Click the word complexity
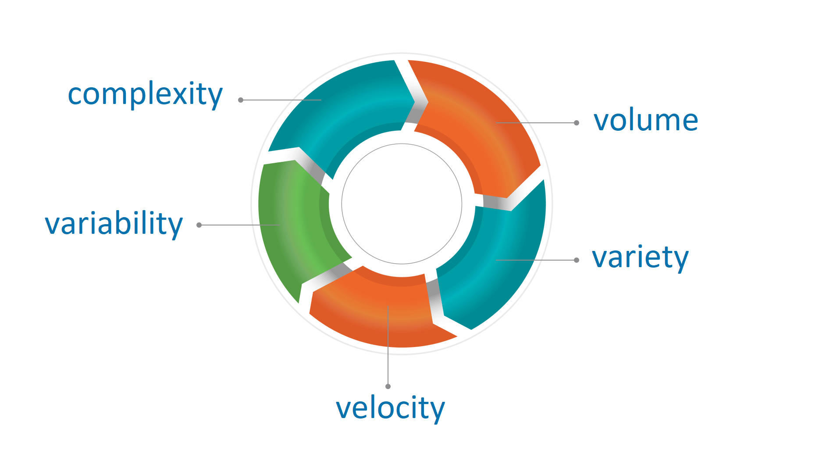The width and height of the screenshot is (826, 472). pos(145,94)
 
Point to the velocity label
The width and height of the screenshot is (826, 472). pos(390,408)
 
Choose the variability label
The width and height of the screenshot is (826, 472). pos(114,224)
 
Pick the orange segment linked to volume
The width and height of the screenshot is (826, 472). pos(482,123)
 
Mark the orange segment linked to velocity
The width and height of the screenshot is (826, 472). pos(381,311)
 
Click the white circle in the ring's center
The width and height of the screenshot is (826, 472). pos(402,204)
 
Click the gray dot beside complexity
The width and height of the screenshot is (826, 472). pos(241,100)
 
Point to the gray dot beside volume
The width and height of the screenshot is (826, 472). pos(577,123)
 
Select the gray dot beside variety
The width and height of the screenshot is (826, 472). pos(577,260)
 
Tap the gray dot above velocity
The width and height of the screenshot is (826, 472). pos(388,386)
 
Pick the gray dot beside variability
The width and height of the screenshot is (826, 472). pos(199,225)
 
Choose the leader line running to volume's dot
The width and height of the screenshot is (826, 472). pos(535,123)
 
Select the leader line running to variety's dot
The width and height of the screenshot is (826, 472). pos(535,260)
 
